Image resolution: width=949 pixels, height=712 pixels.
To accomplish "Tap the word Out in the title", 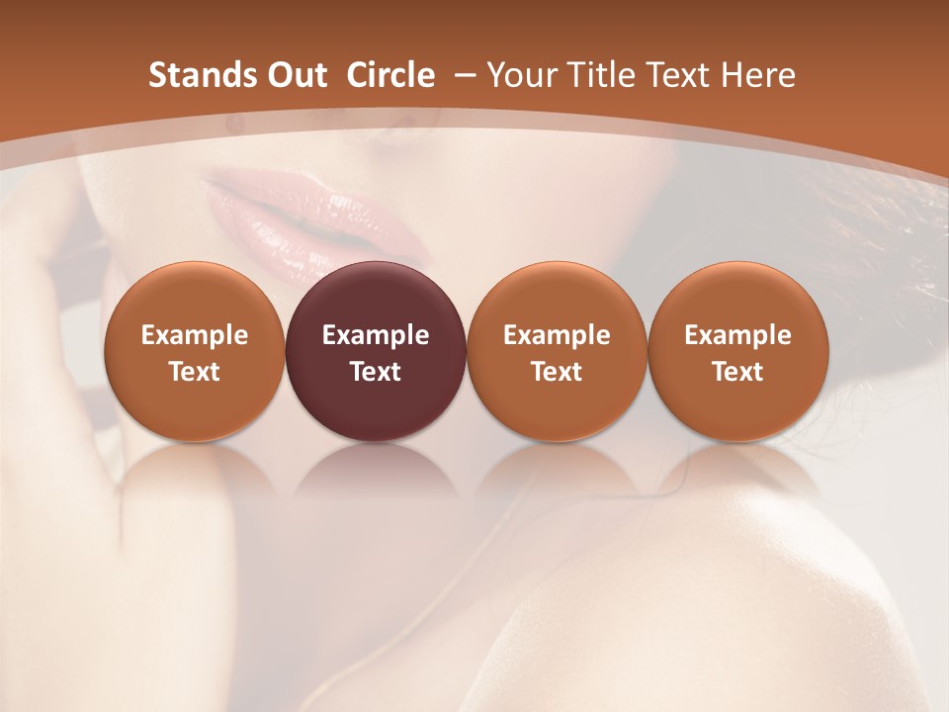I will pos(296,75).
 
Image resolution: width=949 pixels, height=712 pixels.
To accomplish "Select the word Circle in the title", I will pos(390,75).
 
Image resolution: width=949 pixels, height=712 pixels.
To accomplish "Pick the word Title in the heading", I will pos(601,75).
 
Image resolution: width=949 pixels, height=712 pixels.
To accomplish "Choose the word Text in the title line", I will pos(677,75).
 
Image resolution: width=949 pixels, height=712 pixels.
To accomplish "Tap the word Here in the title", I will pos(757,75).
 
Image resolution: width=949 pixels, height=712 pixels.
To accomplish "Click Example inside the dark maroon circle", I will pos(376,335).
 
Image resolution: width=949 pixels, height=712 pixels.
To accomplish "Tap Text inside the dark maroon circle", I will pos(376,372).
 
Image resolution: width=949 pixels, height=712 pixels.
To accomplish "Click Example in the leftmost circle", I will pos(194,335).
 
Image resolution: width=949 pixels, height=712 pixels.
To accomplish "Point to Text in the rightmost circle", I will pos(737,372).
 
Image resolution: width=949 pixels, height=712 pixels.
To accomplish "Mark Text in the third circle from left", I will pos(557,372).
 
